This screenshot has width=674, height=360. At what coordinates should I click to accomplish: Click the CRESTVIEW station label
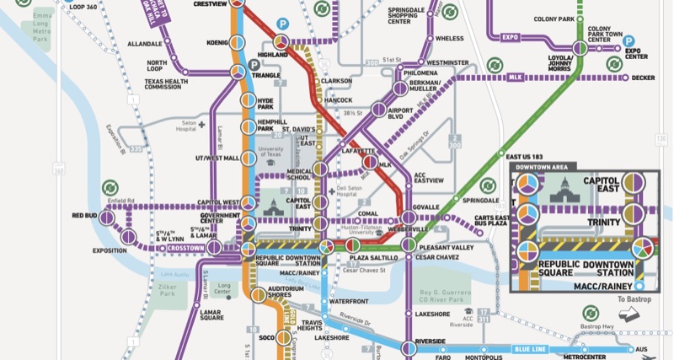click(x=211, y=4)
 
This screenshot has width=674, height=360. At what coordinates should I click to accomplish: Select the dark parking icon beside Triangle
click(x=253, y=65)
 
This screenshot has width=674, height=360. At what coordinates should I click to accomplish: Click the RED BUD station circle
click(x=108, y=216)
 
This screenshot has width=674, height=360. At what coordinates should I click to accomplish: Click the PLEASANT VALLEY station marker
click(x=408, y=245)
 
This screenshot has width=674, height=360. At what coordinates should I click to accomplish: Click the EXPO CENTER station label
click(x=638, y=53)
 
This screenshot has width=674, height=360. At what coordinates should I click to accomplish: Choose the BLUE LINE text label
click(x=531, y=347)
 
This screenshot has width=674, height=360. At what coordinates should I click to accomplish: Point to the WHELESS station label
click(x=449, y=38)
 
